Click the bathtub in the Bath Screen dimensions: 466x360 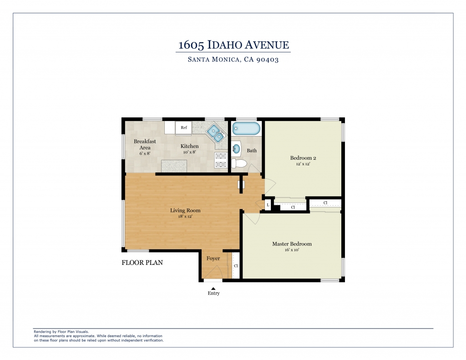[x=246, y=129]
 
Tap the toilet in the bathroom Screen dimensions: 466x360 [x=239, y=163]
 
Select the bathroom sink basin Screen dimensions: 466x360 [x=236, y=149]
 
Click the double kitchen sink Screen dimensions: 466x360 [x=216, y=133]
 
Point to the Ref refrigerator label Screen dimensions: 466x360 [x=184, y=127]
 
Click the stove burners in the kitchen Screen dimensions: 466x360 [x=221, y=160]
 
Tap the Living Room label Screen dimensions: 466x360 [x=185, y=210]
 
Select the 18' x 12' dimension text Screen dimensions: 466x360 [x=185, y=217]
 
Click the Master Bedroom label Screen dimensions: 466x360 [x=292, y=244]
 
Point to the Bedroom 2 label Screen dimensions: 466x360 [x=303, y=158]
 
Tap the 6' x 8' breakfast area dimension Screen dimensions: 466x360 [x=145, y=153]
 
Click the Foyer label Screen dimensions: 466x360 [x=213, y=259]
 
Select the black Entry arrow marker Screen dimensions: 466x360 [x=213, y=289]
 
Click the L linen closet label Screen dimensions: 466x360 [x=268, y=205]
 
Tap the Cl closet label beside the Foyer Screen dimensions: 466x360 [x=236, y=266]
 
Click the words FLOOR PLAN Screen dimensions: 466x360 [x=142, y=263]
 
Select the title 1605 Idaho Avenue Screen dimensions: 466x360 [x=233, y=45]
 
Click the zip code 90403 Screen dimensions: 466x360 [x=268, y=60]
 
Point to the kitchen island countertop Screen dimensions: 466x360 [x=174, y=166]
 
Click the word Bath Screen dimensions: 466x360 [x=252, y=151]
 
